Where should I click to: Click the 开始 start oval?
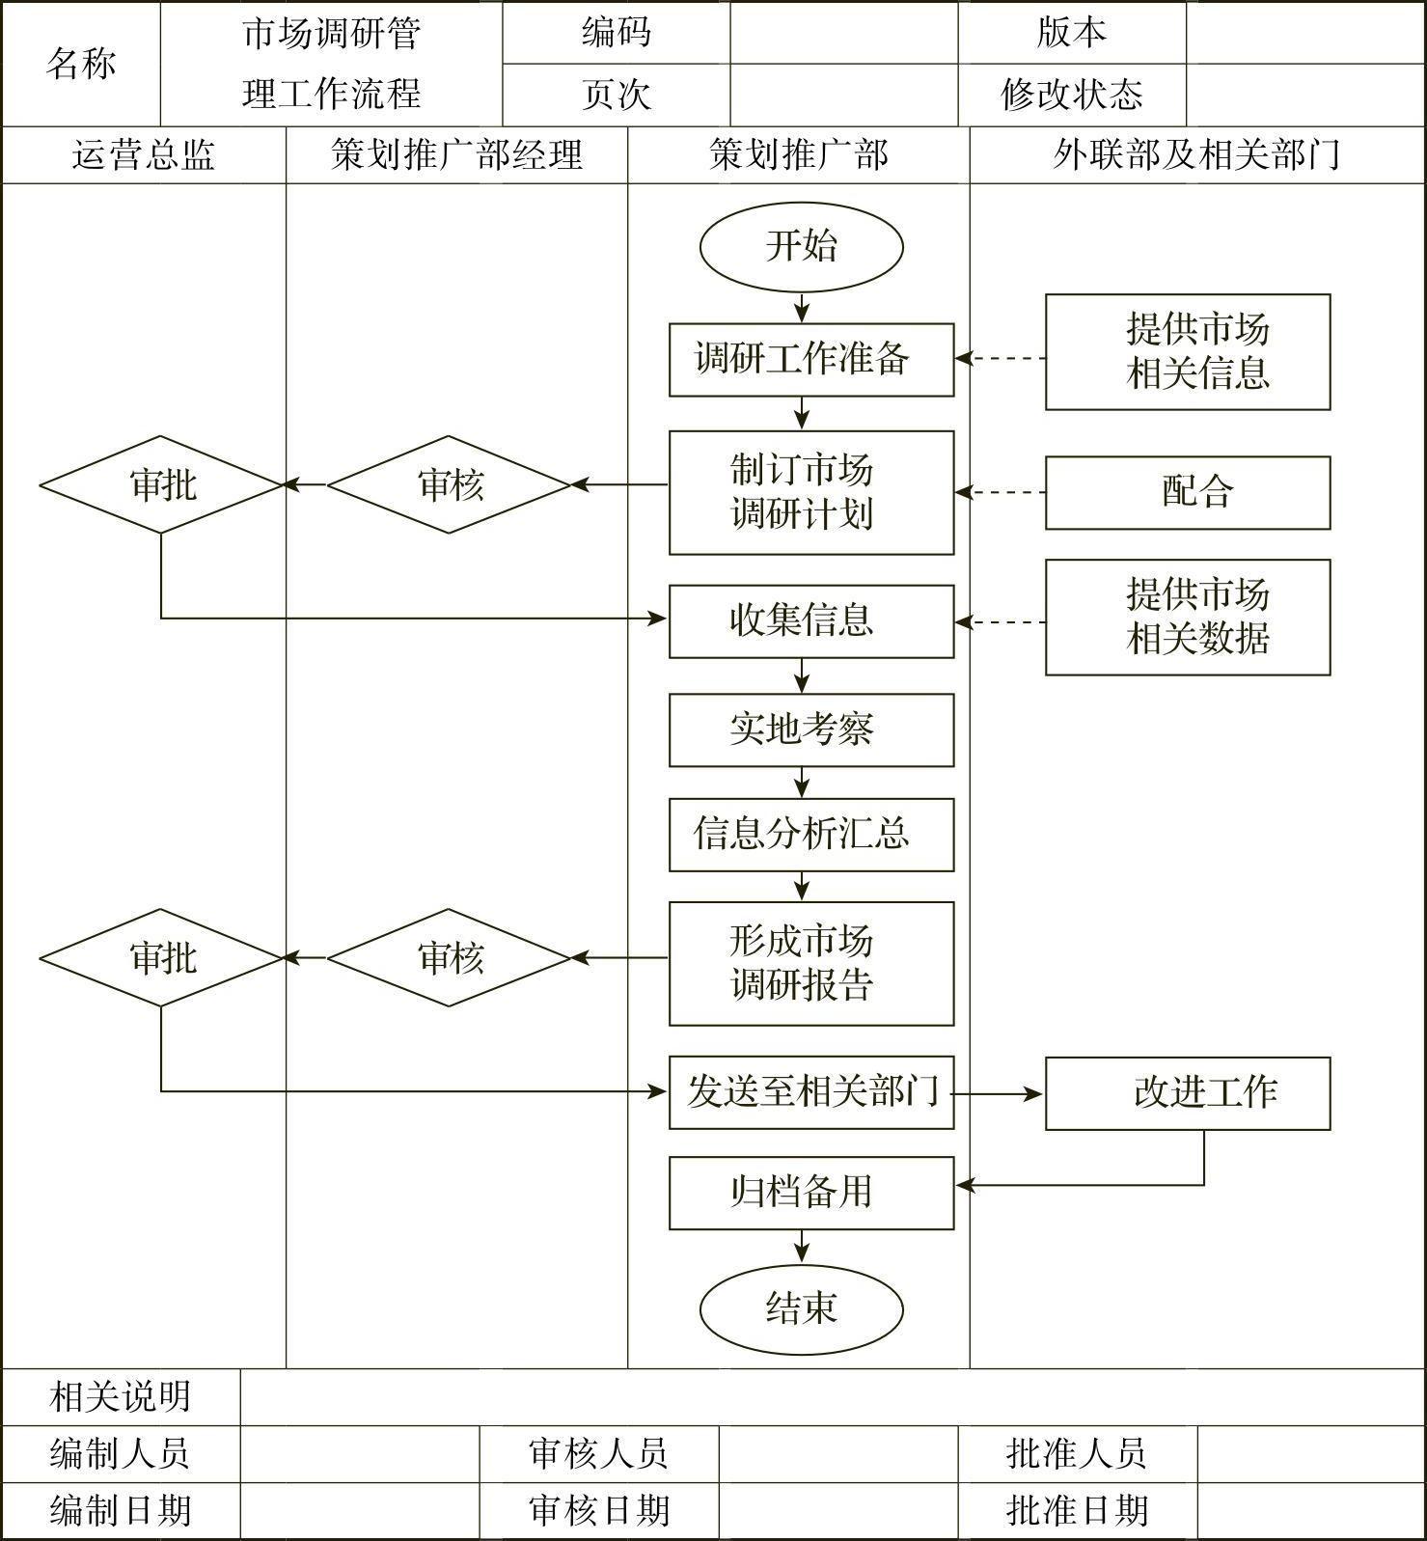coord(801,246)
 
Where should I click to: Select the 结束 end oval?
coord(801,1308)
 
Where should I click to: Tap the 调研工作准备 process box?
coord(811,360)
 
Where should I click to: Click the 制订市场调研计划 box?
coord(811,492)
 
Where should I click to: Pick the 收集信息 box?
coord(811,620)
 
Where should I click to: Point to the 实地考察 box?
coord(811,729)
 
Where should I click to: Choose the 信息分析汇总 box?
coord(811,834)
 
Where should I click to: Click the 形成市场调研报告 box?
coord(811,963)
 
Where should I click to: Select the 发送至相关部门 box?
coord(811,1092)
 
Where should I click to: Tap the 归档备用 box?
coord(811,1193)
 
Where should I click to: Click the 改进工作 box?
coord(1188,1093)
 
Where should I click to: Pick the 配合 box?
coord(1188,492)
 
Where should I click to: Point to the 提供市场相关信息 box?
coord(1188,352)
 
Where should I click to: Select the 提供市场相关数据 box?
coord(1188,617)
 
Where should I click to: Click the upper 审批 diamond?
coord(161,484)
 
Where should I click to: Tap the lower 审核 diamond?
coord(450,957)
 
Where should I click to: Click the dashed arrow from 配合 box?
coord(1001,492)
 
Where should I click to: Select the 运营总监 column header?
coord(144,155)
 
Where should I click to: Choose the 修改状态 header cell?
coord(1071,95)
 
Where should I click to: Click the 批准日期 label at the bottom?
coord(1077,1511)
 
